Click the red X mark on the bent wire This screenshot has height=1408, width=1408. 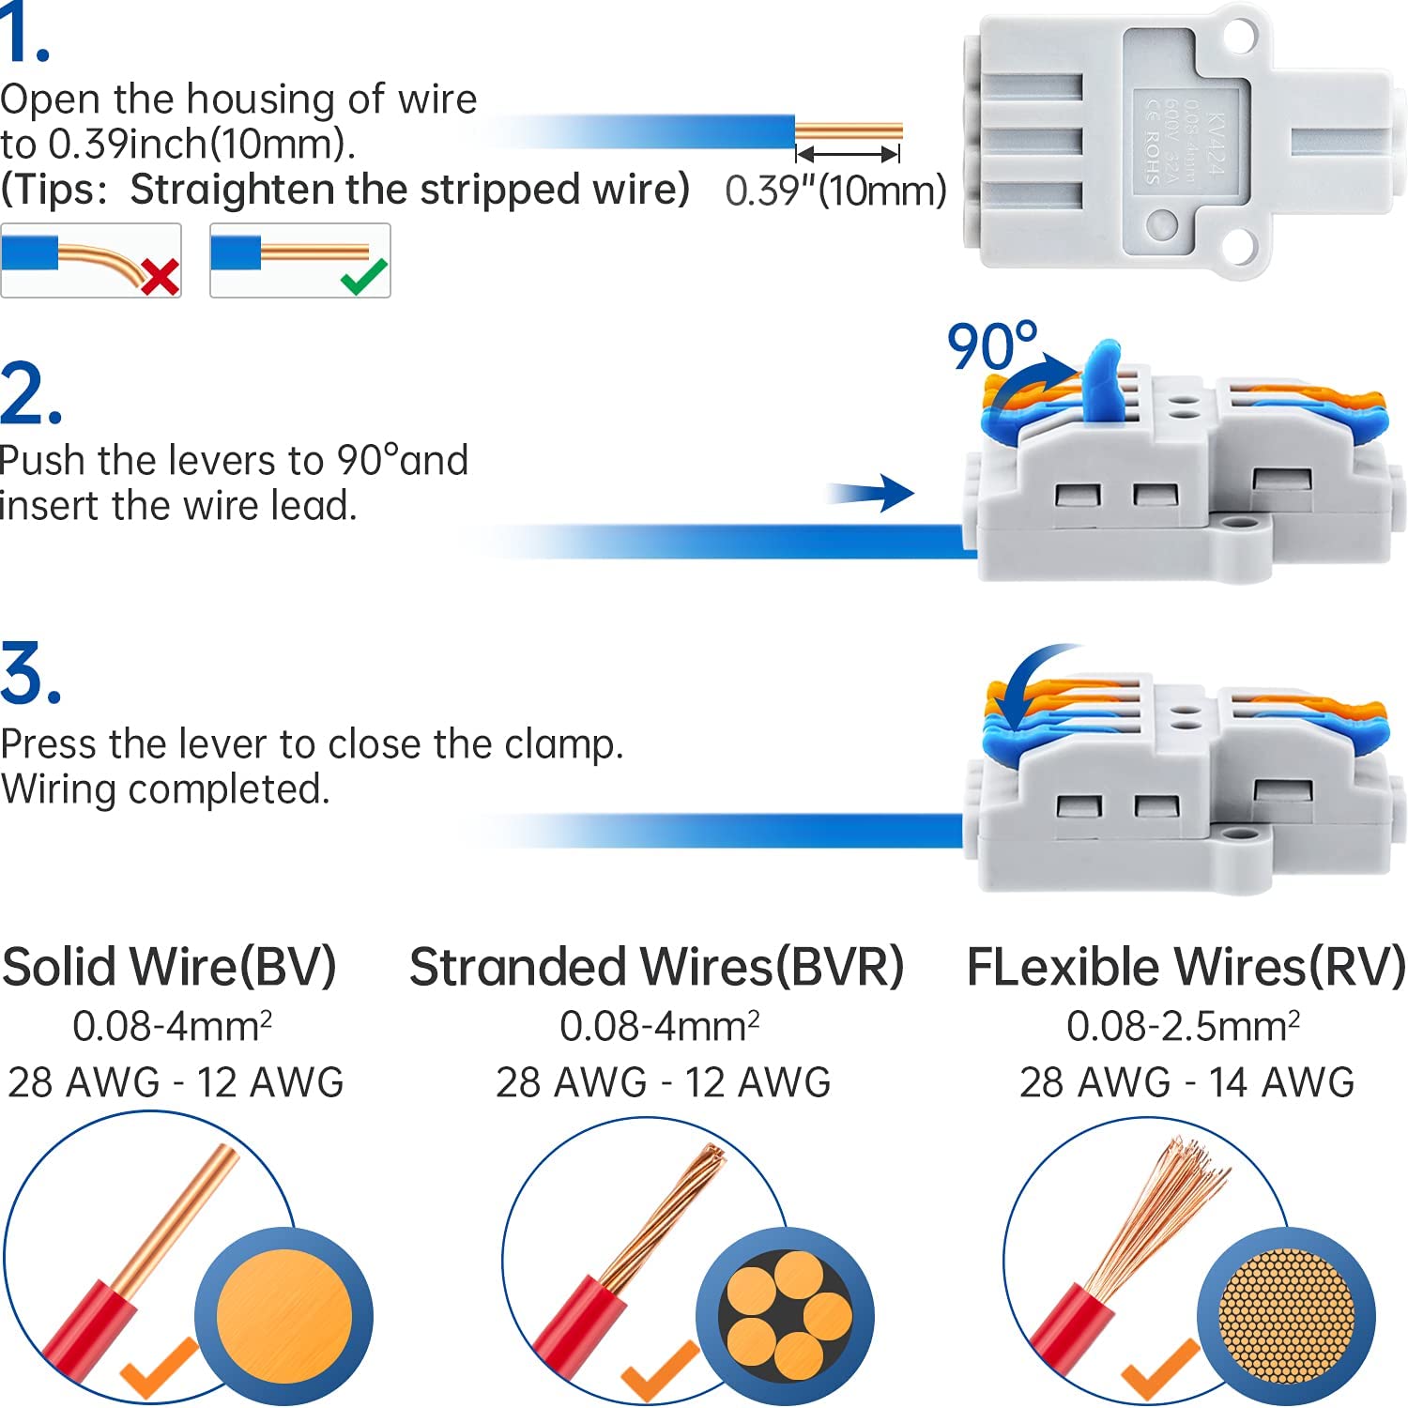tap(161, 277)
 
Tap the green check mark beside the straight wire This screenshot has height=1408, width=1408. tap(364, 276)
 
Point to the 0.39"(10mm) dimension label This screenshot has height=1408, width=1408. tap(835, 191)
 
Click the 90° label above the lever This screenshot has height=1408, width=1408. tap(991, 346)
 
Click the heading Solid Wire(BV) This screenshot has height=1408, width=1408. tap(169, 967)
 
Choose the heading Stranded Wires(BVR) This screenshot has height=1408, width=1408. tap(656, 967)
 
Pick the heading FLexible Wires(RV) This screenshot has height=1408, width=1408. tap(1186, 967)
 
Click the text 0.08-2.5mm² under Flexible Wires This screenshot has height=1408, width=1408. tap(1183, 1026)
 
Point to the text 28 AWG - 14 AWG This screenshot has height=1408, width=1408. tap(1186, 1082)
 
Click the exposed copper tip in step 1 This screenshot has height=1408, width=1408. tap(849, 130)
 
